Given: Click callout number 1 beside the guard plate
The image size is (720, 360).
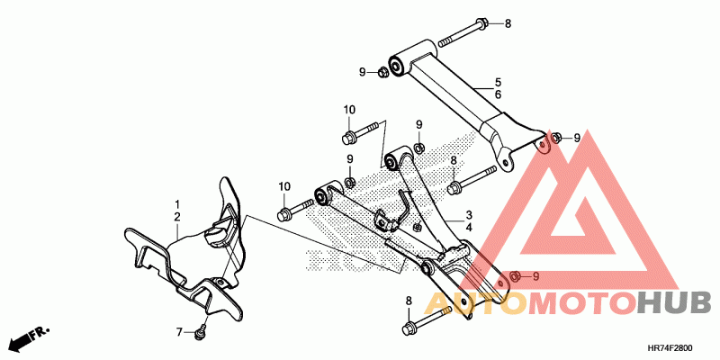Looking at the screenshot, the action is (177, 205).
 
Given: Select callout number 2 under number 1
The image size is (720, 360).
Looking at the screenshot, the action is (177, 218).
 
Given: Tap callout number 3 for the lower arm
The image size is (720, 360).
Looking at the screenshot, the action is (469, 216).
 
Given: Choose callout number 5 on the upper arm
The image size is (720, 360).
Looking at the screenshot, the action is (497, 82).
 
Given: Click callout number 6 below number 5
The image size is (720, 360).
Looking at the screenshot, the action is (497, 94).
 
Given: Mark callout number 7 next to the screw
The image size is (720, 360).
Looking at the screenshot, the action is (178, 332).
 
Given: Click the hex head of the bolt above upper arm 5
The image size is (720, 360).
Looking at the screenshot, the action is (481, 22).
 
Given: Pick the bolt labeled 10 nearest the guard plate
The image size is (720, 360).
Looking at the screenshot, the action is (285, 213).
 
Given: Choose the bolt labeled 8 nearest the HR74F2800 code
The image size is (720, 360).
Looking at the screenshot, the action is (410, 325).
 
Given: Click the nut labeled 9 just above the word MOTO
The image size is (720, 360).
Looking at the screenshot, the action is (515, 275).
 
